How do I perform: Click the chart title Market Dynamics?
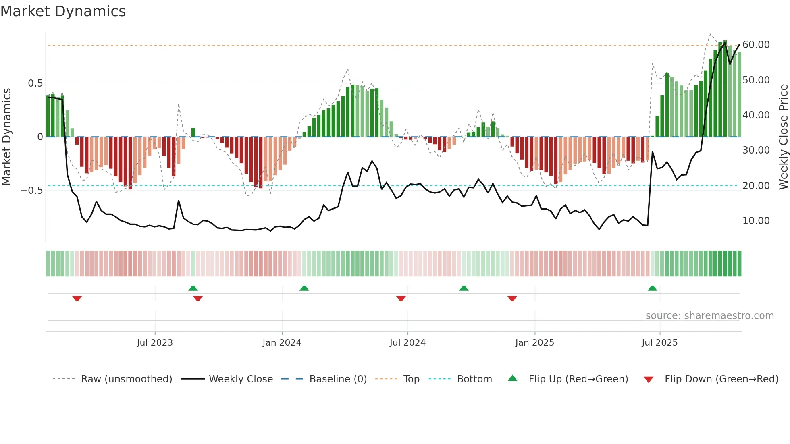click(x=63, y=11)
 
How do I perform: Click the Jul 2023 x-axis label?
click(x=155, y=343)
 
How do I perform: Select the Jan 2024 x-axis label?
click(x=282, y=343)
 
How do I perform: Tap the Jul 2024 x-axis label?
click(x=407, y=343)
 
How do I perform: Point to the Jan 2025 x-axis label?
click(x=534, y=343)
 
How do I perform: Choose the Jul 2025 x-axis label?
click(x=659, y=343)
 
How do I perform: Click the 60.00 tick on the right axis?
click(x=756, y=45)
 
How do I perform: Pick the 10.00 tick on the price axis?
click(x=756, y=221)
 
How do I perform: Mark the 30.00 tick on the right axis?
click(x=756, y=150)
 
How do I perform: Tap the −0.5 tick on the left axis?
click(x=32, y=190)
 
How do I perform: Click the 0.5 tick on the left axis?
click(x=35, y=83)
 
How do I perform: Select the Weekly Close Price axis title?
click(x=783, y=137)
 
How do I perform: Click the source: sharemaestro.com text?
click(x=709, y=316)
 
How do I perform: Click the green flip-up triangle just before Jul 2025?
click(x=652, y=288)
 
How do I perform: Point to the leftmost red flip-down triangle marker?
click(x=77, y=299)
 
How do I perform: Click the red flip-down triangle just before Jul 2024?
click(x=401, y=299)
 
